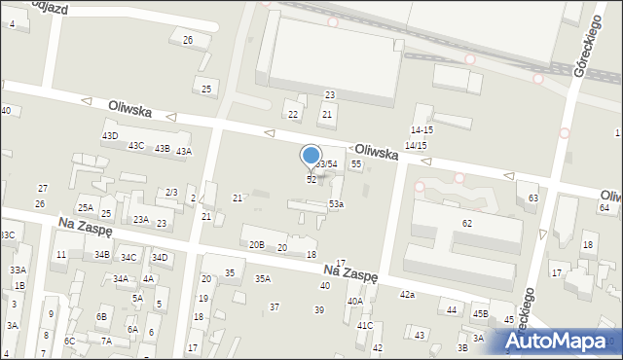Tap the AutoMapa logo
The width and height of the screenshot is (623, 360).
click(x=562, y=341)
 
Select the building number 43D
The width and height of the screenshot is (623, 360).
click(x=110, y=135)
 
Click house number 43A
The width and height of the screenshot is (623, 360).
click(x=183, y=151)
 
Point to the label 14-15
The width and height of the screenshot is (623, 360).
click(x=421, y=129)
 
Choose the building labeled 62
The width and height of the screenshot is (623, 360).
click(x=467, y=224)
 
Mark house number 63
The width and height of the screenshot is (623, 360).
click(x=532, y=198)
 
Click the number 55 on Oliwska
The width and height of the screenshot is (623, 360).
click(x=356, y=164)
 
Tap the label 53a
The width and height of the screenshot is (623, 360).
click(x=336, y=203)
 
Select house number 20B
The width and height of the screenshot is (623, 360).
click(x=256, y=244)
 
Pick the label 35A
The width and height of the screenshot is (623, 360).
click(x=263, y=278)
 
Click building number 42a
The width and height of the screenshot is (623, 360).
click(x=407, y=294)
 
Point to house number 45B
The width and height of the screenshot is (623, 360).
click(x=480, y=313)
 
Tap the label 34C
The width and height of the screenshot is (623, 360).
click(x=128, y=258)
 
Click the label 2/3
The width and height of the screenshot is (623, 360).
click(x=171, y=193)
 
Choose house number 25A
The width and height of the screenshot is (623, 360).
click(x=86, y=207)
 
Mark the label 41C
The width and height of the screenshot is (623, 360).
click(x=364, y=325)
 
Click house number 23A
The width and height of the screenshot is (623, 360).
click(x=141, y=219)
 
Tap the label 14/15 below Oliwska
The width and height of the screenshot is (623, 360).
click(x=416, y=145)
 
